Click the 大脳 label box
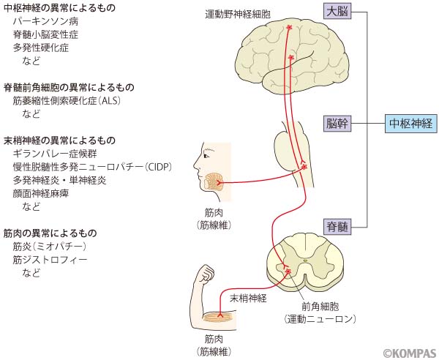tap(338, 12)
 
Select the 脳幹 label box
tap(338, 123)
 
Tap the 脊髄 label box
tap(338, 227)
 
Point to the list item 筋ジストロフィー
tap(50, 260)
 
